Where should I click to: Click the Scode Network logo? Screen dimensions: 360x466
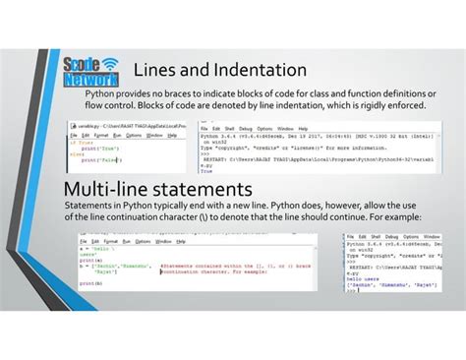click(88, 71)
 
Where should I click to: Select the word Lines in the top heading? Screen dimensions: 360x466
click(158, 71)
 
